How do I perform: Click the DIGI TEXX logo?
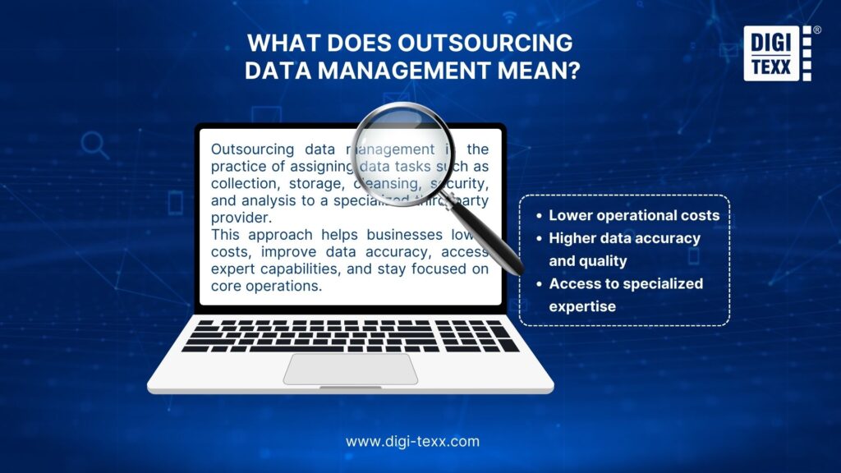pos(774,53)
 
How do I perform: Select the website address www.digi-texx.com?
pos(412,441)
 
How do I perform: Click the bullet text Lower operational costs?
pos(634,215)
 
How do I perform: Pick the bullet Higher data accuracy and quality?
pos(624,250)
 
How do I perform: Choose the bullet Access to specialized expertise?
pos(626,295)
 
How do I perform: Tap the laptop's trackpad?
pos(351,369)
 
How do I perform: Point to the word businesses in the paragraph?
pos(403,234)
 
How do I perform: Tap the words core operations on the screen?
pos(266,287)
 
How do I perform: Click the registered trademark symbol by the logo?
pos(816,30)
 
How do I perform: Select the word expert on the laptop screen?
pos(235,269)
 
